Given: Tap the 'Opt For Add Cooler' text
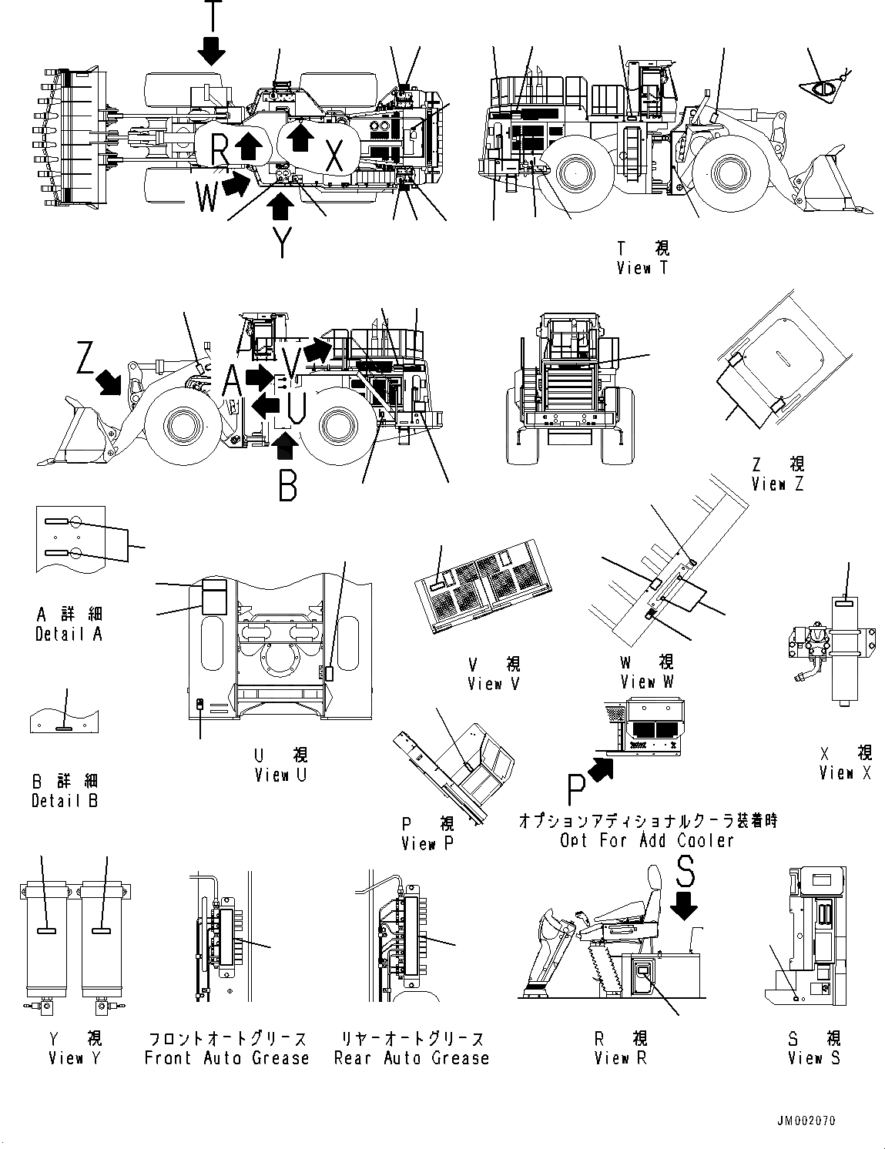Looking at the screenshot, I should point(647,840).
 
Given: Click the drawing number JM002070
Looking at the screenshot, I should point(805,1121).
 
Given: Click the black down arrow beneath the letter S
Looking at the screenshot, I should point(683,909).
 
